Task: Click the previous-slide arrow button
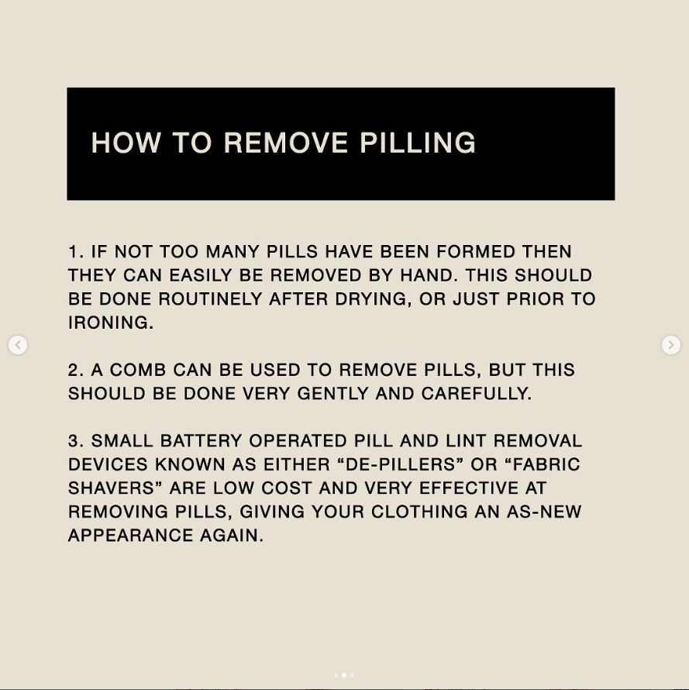coord(18,344)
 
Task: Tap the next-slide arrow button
coord(671,344)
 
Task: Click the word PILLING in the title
coord(418,143)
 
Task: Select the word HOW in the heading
coord(126,143)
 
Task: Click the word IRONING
coord(111,323)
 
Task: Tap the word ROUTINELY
coord(210,298)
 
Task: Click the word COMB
coord(138,370)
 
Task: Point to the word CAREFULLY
coord(477,393)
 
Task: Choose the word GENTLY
coord(333,393)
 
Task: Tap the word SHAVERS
coord(115,488)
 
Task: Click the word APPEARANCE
coord(131,536)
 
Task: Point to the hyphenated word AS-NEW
coord(544,512)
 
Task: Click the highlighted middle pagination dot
coord(344,675)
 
